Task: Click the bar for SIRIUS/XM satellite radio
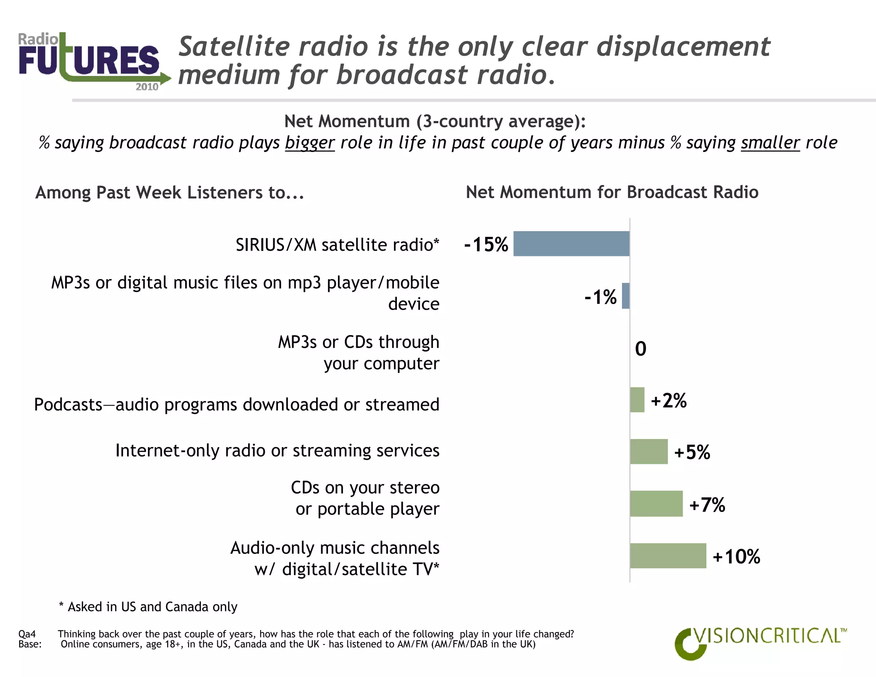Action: tap(571, 243)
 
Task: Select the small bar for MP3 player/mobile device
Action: tap(626, 296)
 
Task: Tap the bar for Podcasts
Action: tap(637, 400)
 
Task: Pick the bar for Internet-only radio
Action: tap(648, 451)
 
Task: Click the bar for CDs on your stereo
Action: tap(656, 504)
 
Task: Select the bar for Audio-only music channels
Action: tap(668, 556)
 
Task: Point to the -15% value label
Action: tap(486, 244)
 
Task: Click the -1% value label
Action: tap(601, 297)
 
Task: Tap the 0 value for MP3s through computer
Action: tap(640, 349)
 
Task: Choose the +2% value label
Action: tap(669, 401)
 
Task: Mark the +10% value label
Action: tap(736, 557)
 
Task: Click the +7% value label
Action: tap(707, 505)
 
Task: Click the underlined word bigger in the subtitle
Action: tap(310, 143)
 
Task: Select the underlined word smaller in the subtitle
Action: tap(770, 143)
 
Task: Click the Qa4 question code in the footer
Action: tap(27, 634)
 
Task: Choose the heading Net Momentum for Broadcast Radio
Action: tap(612, 192)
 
